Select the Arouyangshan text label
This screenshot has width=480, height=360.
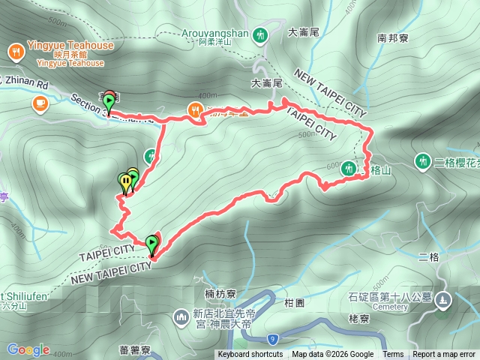[214, 33]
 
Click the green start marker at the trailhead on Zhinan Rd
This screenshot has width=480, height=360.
[109, 101]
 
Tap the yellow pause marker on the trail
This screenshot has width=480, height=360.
[124, 181]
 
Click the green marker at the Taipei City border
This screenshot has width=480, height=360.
[152, 244]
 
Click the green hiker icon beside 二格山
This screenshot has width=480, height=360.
[348, 169]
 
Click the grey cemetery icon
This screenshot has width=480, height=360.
[442, 299]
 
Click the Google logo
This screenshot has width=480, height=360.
[28, 349]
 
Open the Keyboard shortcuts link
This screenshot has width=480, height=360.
[250, 355]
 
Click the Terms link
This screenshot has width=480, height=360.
[393, 355]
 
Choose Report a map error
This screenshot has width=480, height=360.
[444, 355]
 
